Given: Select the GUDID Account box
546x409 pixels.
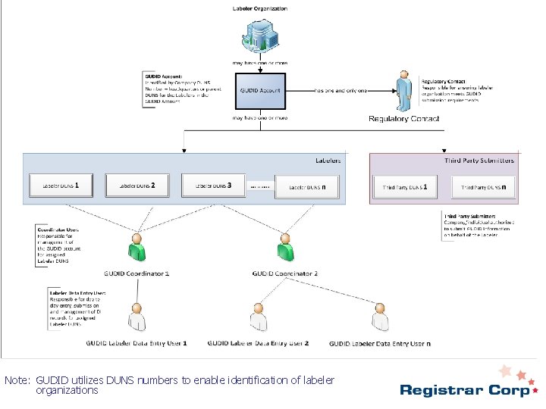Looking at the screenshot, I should [260, 90].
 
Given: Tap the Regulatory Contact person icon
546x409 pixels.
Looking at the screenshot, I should [404, 92].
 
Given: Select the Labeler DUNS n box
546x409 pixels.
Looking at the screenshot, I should [306, 186].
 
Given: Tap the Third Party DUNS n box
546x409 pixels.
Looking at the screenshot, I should [485, 186].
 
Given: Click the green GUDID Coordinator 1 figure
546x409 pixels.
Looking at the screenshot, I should [136, 247].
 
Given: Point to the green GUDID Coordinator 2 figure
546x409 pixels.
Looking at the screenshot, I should [285, 247].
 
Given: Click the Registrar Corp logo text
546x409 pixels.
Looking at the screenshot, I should [464, 391].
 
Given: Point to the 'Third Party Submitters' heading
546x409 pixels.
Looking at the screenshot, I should [479, 161].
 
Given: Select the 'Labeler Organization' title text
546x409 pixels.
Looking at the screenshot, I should [259, 8].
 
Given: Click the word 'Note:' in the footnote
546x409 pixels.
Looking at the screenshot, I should [17, 379].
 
